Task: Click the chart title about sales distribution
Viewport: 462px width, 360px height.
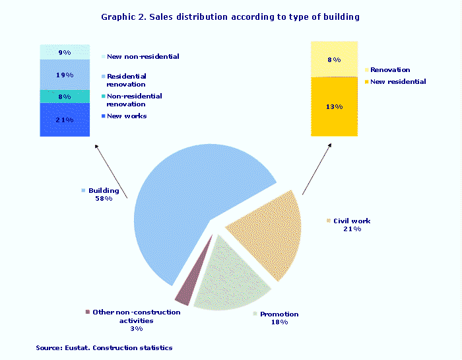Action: pyautogui.click(x=230, y=17)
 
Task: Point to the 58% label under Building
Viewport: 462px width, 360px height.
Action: pyautogui.click(x=104, y=199)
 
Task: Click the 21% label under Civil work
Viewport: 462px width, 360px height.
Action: pyautogui.click(x=351, y=229)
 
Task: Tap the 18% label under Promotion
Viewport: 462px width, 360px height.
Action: pyautogui.click(x=279, y=322)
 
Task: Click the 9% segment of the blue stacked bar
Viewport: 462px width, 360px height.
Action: pyautogui.click(x=63, y=52)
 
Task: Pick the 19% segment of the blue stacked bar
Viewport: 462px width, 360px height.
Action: pyautogui.click(x=63, y=75)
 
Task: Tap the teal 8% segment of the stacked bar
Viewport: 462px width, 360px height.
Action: pyautogui.click(x=63, y=96)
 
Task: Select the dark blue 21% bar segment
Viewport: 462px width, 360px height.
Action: pyautogui.click(x=63, y=120)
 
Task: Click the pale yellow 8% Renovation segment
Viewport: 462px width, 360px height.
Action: pyautogui.click(x=334, y=59)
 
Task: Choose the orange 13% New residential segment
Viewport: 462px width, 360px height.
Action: pyautogui.click(x=334, y=106)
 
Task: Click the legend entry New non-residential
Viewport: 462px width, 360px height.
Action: pyautogui.click(x=143, y=57)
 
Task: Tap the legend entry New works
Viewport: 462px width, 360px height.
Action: pyautogui.click(x=126, y=116)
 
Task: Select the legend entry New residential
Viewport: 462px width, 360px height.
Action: pyautogui.click(x=397, y=82)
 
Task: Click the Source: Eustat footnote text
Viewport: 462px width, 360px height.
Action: pyautogui.click(x=104, y=347)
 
